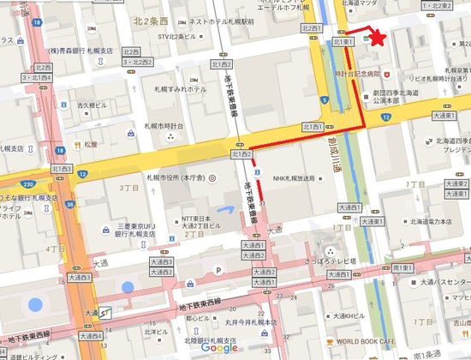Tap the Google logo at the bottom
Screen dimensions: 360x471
(x=220, y=347)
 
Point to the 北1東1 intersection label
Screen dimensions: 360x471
(x=343, y=42)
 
